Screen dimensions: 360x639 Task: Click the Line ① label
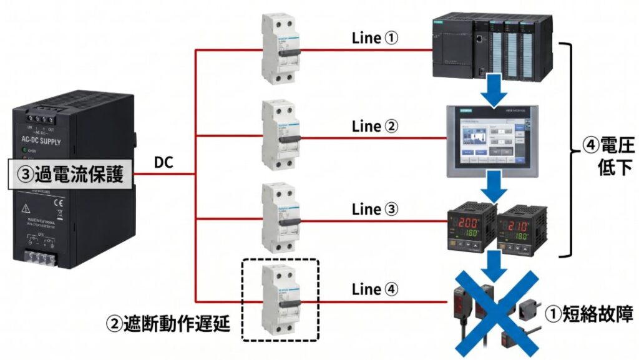[375, 38]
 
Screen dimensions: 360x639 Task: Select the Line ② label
[375, 126]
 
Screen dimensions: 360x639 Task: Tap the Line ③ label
[375, 209]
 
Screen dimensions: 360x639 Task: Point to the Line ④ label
[375, 289]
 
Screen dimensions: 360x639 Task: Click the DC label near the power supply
[163, 163]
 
